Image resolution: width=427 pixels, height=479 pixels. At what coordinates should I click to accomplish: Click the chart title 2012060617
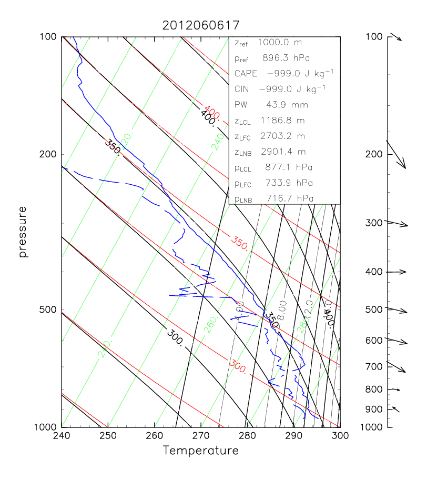click(201, 25)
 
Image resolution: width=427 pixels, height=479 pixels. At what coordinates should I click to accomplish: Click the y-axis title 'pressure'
click(23, 232)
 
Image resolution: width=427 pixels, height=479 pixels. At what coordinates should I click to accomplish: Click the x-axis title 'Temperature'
click(200, 451)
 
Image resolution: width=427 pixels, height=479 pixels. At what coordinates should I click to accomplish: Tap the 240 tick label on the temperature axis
click(62, 436)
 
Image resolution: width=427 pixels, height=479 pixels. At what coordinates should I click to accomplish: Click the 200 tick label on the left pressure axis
click(48, 154)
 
